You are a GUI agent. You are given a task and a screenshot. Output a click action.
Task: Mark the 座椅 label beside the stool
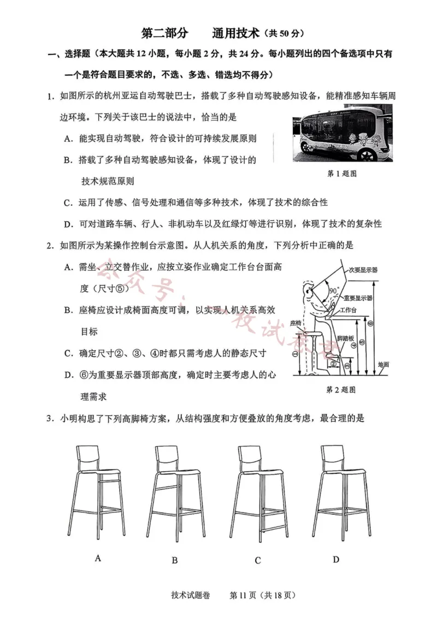pyautogui.click(x=296, y=323)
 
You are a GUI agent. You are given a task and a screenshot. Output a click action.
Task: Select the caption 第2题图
pyautogui.click(x=341, y=390)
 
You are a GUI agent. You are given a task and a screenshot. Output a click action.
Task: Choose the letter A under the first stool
pyautogui.click(x=98, y=557)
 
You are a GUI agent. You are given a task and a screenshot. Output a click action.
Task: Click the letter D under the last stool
pyautogui.click(x=336, y=558)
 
